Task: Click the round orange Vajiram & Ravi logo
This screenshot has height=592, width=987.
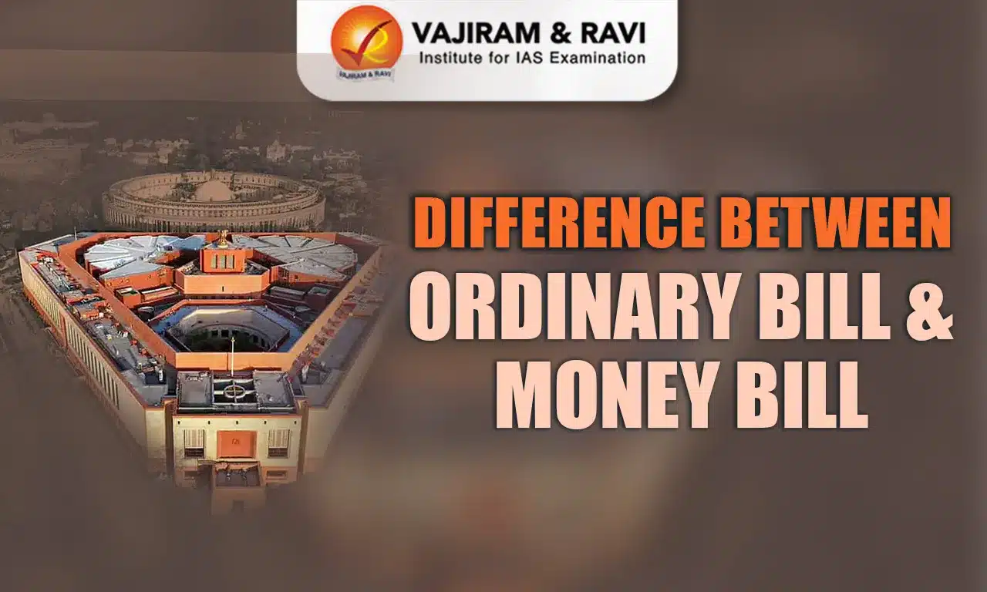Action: point(366,41)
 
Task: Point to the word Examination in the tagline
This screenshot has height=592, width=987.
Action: point(594,57)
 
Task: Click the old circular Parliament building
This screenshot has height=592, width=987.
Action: point(214,201)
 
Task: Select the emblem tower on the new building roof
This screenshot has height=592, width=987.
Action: point(221,254)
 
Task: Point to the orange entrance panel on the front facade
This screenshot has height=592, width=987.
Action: point(237,443)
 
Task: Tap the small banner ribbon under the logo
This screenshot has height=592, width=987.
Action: point(365,75)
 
